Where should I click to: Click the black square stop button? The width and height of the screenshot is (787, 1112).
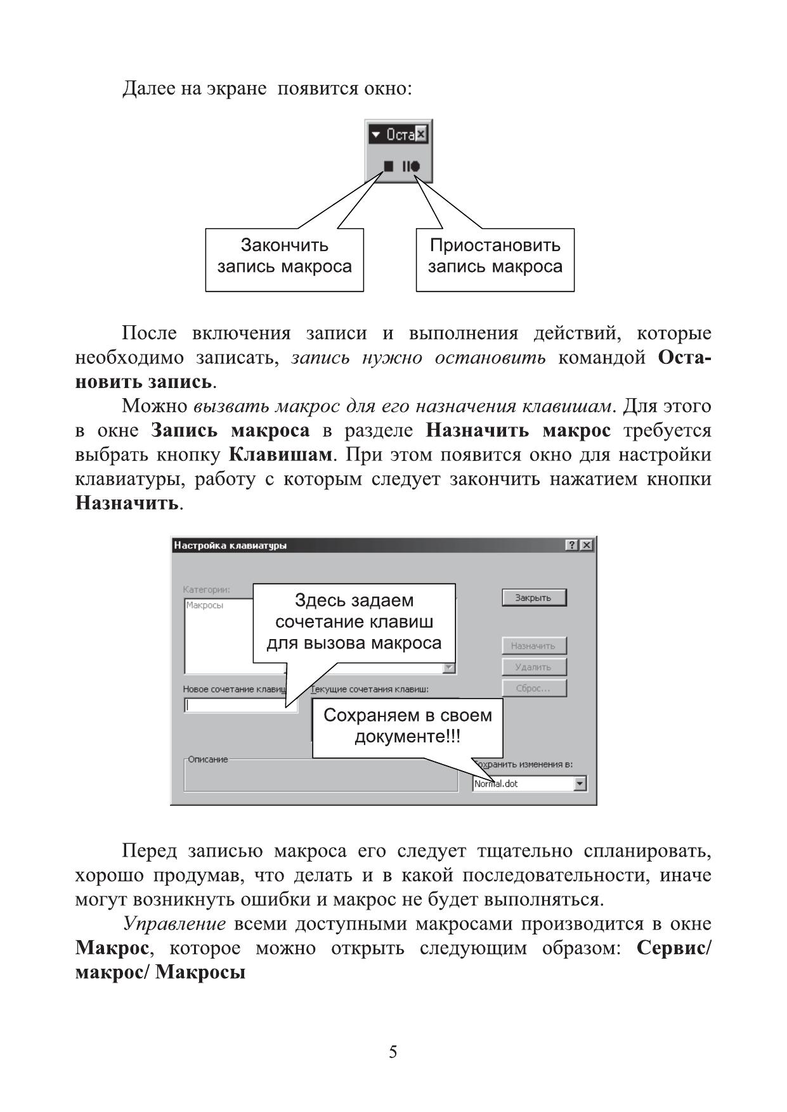pyautogui.click(x=388, y=166)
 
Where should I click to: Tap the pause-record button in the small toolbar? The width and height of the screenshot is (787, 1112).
pyautogui.click(x=411, y=166)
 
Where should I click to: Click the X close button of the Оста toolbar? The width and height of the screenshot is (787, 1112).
pyautogui.click(x=421, y=134)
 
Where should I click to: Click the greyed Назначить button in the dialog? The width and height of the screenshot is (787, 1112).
pyautogui.click(x=533, y=646)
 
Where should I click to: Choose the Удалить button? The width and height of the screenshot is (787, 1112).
pyautogui.click(x=533, y=667)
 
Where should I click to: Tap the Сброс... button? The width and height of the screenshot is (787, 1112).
pyautogui.click(x=533, y=688)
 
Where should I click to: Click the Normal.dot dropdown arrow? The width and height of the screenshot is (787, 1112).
pyautogui.click(x=580, y=784)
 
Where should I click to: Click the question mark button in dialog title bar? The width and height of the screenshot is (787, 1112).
pyautogui.click(x=572, y=545)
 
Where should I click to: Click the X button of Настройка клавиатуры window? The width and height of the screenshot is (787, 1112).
pyautogui.click(x=587, y=545)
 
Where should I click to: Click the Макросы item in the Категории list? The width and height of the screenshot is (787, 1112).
pyautogui.click(x=205, y=605)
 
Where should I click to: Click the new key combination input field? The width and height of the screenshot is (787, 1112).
pyautogui.click(x=235, y=705)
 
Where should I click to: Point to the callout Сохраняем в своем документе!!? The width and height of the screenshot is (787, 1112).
pyautogui.click(x=407, y=726)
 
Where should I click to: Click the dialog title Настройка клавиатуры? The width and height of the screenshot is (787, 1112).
pyautogui.click(x=231, y=545)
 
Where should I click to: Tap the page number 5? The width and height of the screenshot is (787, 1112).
pyautogui.click(x=393, y=1052)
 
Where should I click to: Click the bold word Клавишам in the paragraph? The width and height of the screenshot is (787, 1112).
pyautogui.click(x=280, y=455)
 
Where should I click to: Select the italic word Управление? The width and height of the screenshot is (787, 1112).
pyautogui.click(x=174, y=924)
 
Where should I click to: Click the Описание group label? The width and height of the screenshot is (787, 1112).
pyautogui.click(x=207, y=760)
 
